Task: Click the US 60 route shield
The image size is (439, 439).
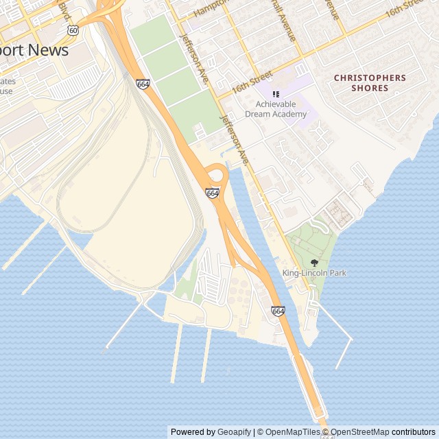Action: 73,30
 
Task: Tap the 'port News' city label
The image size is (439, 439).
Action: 34,51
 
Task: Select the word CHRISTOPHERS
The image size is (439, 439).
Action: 370,78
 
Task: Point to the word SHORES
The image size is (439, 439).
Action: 370,88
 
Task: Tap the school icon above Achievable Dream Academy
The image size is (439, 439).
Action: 276,94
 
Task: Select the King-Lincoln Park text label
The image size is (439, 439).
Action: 314,273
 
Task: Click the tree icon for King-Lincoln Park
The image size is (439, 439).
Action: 315,262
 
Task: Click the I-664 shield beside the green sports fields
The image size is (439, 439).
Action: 143,84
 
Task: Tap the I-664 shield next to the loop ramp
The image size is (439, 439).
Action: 213,194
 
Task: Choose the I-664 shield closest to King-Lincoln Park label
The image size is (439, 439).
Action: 278,311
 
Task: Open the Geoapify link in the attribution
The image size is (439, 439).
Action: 234,432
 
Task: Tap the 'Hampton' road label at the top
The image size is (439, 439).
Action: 210,9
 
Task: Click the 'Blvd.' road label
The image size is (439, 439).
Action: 64,9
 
